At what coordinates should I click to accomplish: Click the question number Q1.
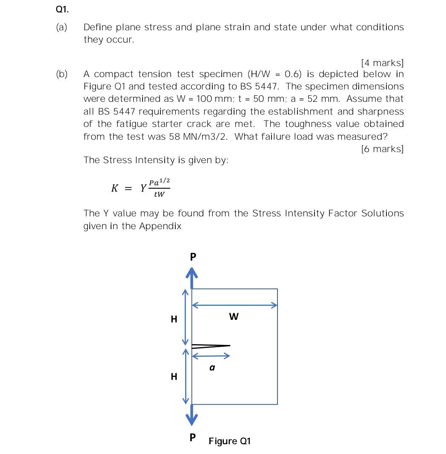[62, 9]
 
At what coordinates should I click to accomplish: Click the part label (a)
[62, 27]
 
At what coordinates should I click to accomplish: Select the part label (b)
[62, 74]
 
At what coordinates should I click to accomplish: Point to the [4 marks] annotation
[382, 63]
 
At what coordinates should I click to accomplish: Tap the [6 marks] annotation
[382, 149]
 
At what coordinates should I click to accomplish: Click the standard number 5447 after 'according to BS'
[267, 86]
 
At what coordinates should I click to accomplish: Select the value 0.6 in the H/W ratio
[293, 74]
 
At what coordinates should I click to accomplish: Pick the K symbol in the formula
[114, 188]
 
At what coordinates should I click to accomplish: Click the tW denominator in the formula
[159, 195]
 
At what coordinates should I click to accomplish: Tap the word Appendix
[160, 226]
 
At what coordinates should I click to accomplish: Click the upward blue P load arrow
[192, 278]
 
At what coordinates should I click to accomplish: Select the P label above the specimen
[193, 257]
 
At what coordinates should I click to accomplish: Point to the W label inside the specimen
[234, 316]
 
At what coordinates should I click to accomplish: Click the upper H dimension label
[174, 319]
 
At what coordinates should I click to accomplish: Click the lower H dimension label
[174, 376]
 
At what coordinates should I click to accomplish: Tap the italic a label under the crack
[212, 368]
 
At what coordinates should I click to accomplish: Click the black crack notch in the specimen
[210, 346]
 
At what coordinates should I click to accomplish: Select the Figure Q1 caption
[229, 441]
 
